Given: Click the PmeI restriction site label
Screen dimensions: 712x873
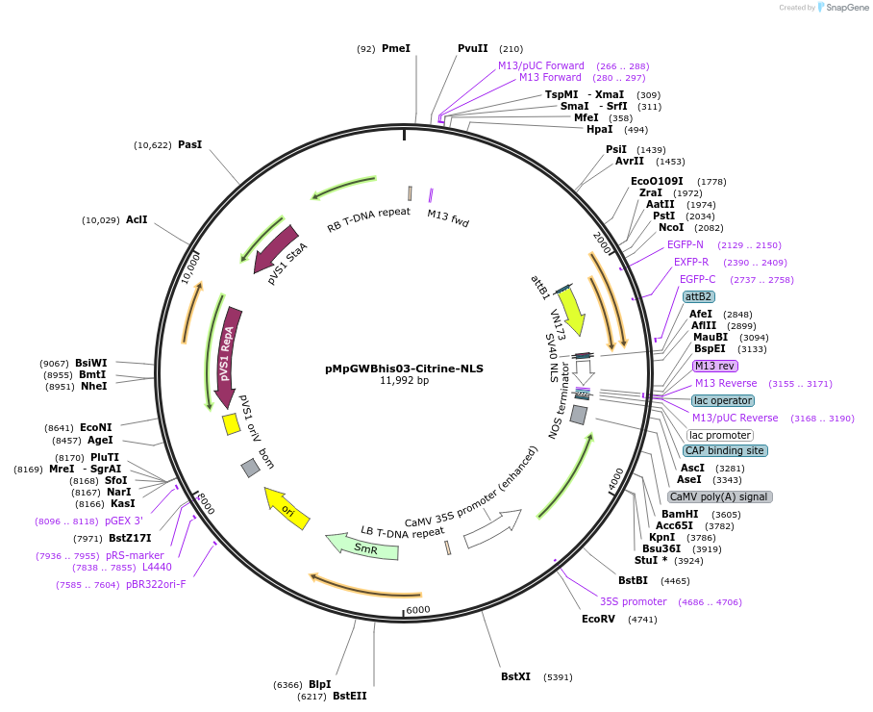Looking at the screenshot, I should pos(395,48).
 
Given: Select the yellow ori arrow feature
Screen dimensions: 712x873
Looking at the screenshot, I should pos(287,508).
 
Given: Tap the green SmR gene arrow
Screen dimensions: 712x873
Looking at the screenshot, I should pos(364,547).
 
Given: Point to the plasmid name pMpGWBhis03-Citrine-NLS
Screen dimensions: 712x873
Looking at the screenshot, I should pos(404,368).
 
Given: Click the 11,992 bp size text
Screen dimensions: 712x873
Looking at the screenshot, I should pos(404,381).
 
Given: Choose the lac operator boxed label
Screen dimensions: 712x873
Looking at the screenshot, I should pos(722,400).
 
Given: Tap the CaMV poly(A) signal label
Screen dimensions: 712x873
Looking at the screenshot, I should pos(719,496).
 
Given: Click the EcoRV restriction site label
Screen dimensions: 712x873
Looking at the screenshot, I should pos(598,620).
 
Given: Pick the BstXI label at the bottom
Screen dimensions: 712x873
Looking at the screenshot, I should pos(515,677).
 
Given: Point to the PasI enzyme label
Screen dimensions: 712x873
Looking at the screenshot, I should pos(190,145).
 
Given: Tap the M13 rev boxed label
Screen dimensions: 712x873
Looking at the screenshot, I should pos(714,366).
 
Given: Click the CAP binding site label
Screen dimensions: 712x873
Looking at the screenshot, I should pos(724,450).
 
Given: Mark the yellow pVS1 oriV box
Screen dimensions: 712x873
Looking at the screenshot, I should pos(231,423).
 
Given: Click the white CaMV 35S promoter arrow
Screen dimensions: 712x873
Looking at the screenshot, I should pos(491,528).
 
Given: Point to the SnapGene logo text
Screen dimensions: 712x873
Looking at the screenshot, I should pos(844,8).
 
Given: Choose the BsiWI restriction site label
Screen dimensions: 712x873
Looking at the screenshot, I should pos(91,363).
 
